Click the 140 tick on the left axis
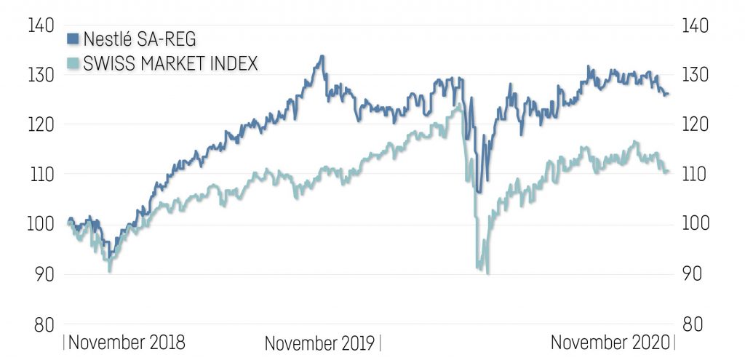(x=42, y=25)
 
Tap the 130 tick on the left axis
(x=42, y=75)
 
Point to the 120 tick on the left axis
(x=42, y=124)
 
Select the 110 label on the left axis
(x=42, y=174)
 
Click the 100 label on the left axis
(x=42, y=223)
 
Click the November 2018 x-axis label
(x=127, y=342)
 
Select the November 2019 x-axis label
(x=319, y=343)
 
